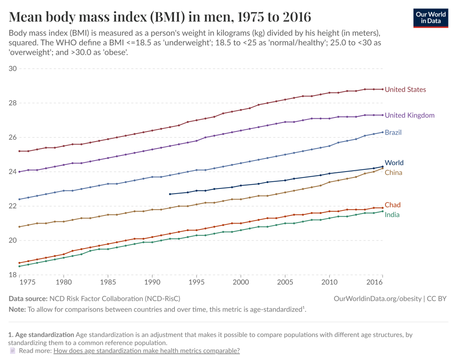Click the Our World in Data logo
[430, 17]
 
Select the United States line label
[405, 90]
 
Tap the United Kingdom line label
[409, 115]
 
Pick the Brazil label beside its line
[393, 133]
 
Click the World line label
[394, 163]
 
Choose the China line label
[394, 173]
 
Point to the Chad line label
[393, 205]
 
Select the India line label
[392, 215]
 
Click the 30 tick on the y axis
[13, 68]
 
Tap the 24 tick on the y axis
[13, 172]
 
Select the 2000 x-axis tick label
[241, 282]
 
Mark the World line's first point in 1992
[170, 194]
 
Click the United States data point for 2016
[383, 89]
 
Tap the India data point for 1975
[19, 266]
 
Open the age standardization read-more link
[146, 351]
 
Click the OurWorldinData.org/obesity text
[377, 299]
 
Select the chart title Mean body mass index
[160, 17]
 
